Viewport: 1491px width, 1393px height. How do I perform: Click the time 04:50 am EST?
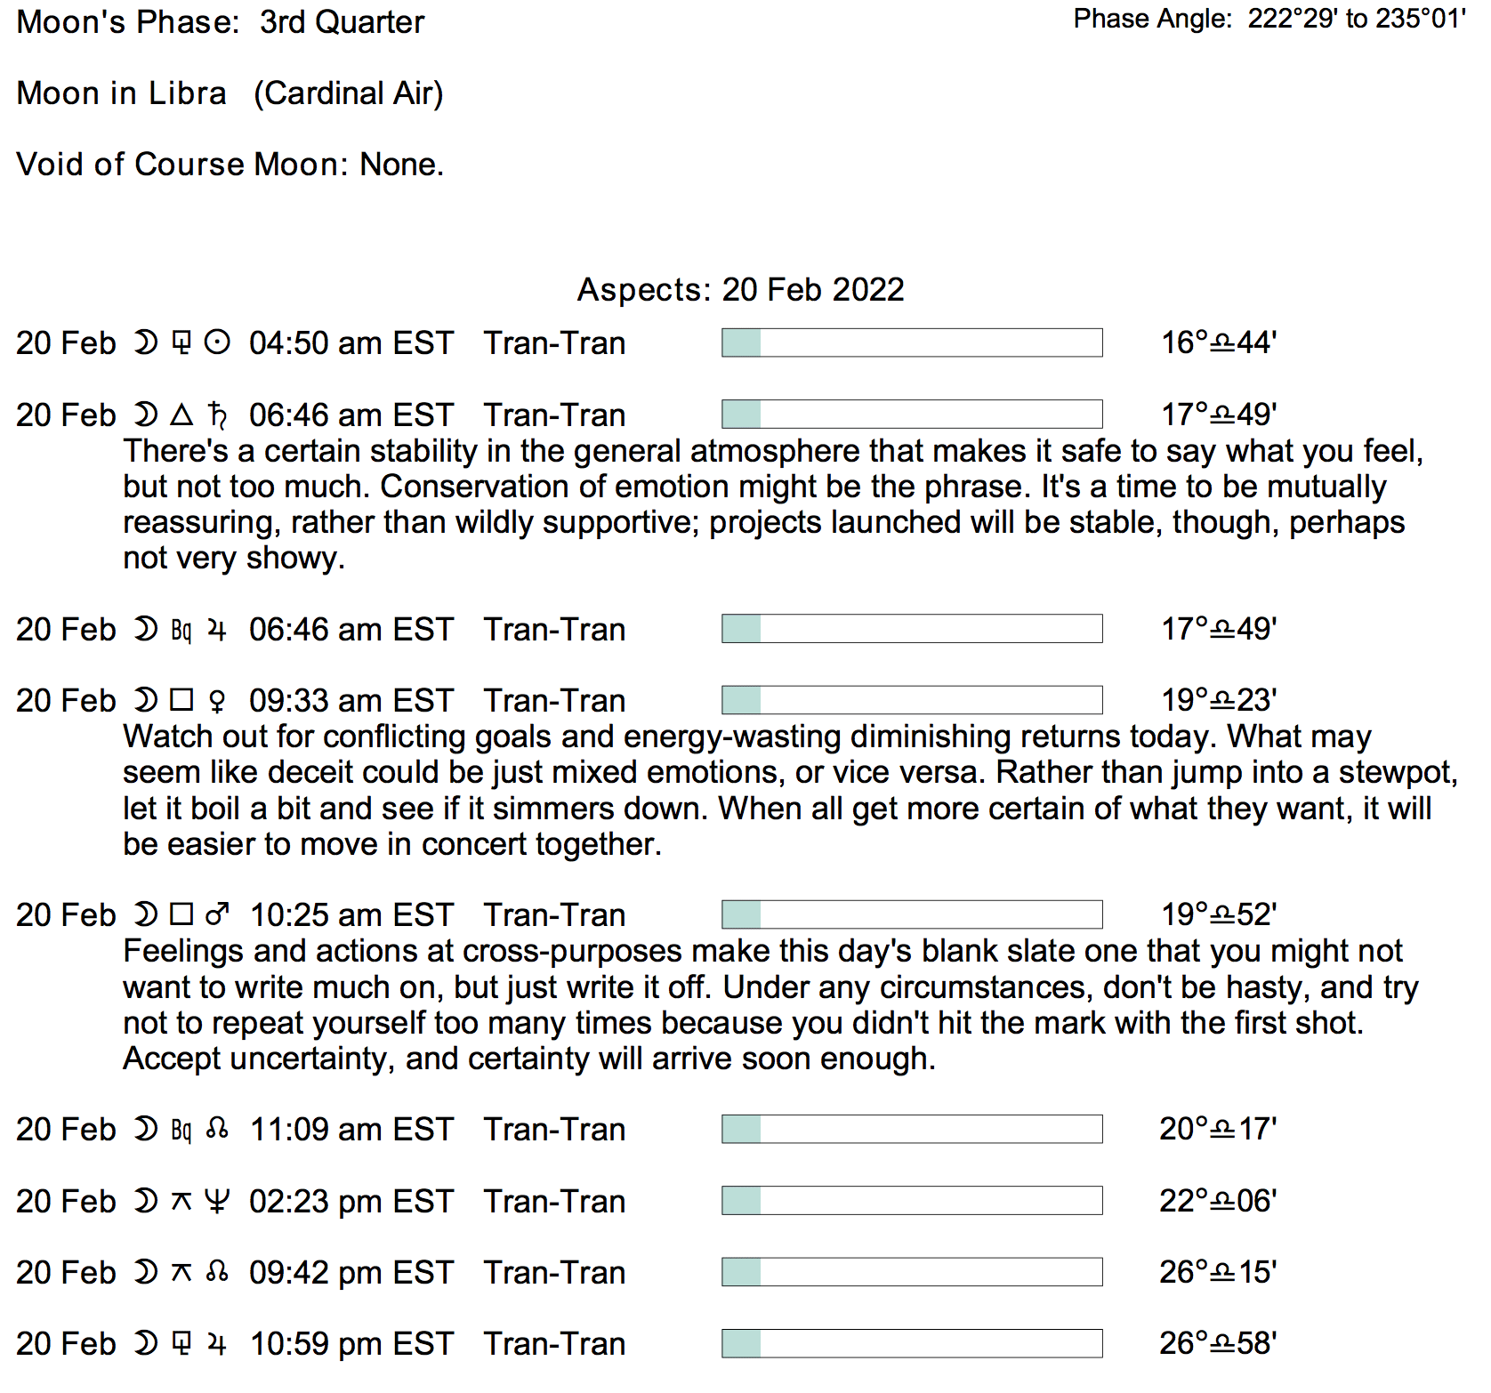coord(351,343)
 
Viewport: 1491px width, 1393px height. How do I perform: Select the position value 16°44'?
coord(1218,343)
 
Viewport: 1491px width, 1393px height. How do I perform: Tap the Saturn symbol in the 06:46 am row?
coord(217,415)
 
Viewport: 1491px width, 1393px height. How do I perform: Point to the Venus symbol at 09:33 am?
coord(216,702)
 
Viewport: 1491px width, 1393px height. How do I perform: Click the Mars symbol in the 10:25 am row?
coord(217,915)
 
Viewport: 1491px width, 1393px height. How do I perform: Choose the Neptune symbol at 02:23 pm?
coord(216,1202)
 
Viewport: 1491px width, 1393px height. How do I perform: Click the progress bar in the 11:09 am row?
coord(911,1130)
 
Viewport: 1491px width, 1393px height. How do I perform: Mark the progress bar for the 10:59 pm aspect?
coord(911,1344)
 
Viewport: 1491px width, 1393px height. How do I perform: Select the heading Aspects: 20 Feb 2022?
coord(740,290)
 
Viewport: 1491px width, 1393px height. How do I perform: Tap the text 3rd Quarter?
coord(342,22)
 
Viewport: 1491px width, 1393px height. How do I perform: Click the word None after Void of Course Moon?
coord(400,165)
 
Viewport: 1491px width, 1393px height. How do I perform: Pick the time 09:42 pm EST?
coord(351,1273)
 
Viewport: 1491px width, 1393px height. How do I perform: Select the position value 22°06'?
coord(1217,1202)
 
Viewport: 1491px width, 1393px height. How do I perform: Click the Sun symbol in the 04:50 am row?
coord(217,343)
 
